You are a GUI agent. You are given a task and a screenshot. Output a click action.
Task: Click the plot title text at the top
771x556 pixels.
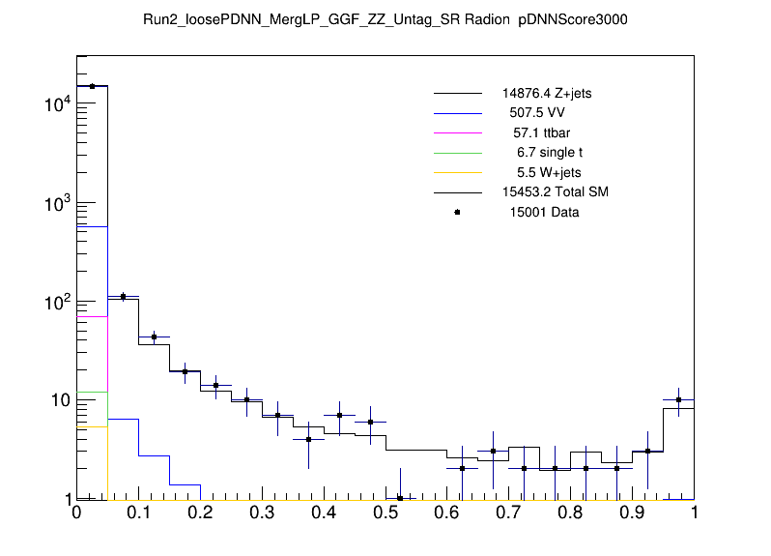click(385, 20)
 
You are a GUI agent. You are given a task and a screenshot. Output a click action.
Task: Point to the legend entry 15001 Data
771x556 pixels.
click(545, 212)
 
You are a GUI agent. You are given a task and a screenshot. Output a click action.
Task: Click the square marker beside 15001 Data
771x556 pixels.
click(457, 212)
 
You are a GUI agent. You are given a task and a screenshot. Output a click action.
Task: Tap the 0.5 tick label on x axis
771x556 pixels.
click(385, 515)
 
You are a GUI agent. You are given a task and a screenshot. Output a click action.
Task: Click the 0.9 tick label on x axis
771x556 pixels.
click(633, 515)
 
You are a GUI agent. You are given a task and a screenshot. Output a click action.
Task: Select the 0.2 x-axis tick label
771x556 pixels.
click(200, 515)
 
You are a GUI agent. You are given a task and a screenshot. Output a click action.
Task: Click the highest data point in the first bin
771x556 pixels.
click(92, 86)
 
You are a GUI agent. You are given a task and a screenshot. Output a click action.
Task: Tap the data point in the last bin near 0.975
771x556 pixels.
click(679, 399)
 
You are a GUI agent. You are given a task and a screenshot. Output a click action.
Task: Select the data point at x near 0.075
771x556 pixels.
click(123, 297)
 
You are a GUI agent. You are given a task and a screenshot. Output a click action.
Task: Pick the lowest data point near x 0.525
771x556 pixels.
click(401, 498)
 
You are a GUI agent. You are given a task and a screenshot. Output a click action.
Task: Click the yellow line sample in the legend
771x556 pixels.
click(457, 172)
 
